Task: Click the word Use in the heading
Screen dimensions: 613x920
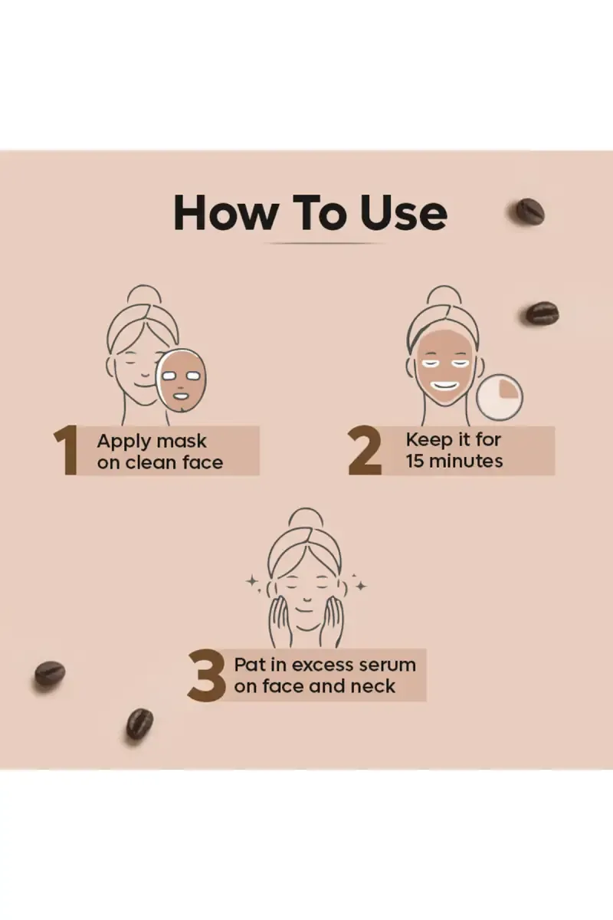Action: pos(404,213)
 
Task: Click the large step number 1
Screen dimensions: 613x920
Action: pos(67,450)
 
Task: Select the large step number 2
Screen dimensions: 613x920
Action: pos(365,451)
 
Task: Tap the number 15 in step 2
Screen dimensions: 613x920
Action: pos(415,462)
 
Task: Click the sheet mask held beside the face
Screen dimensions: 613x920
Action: pos(181,379)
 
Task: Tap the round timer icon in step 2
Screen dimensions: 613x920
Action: pos(500,397)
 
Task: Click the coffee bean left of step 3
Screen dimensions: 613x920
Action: pos(50,674)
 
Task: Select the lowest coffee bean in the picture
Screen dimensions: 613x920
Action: pos(139,726)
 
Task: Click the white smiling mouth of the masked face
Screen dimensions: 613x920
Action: pos(444,386)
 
